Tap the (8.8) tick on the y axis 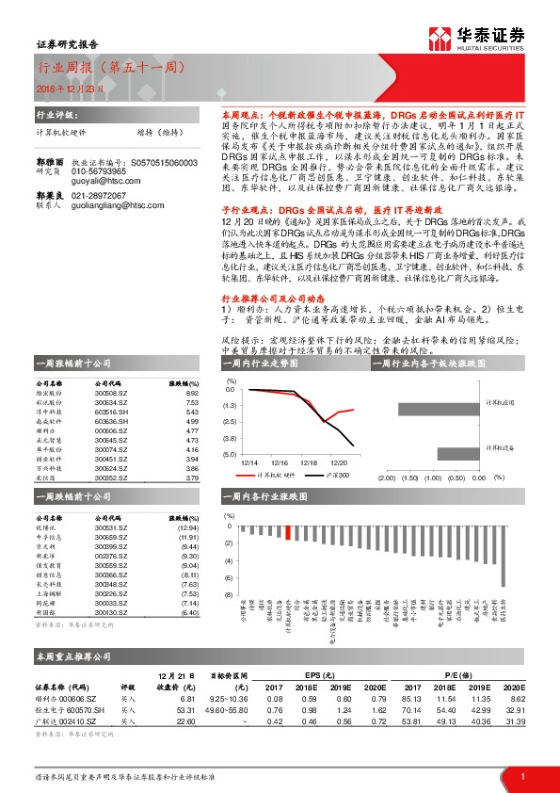click(x=231, y=438)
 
